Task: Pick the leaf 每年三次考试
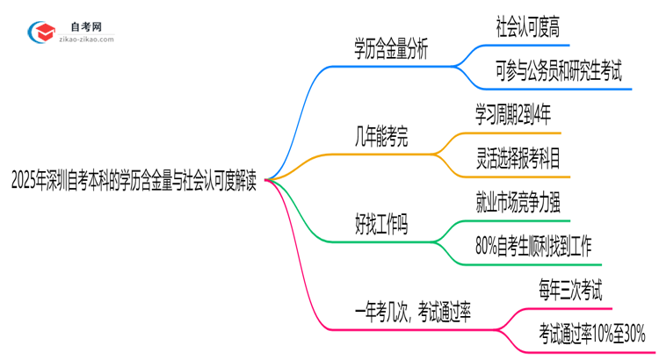(570, 290)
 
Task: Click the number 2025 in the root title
(27, 180)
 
